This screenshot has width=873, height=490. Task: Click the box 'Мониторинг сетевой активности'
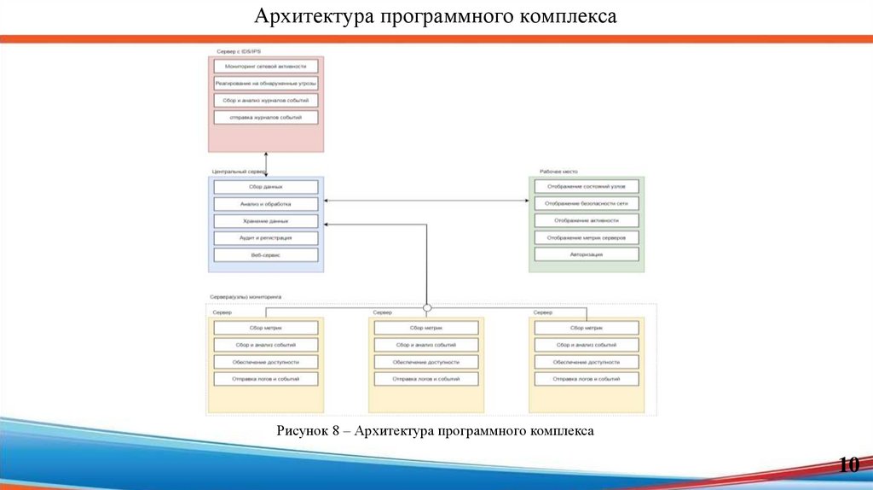[x=266, y=66]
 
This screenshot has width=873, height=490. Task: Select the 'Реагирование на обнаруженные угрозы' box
[x=266, y=83]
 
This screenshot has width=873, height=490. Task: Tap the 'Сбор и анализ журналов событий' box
[x=266, y=100]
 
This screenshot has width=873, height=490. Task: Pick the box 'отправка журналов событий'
[x=266, y=117]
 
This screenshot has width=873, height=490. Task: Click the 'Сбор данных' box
[x=266, y=187]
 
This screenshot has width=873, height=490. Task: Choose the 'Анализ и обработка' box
[x=266, y=204]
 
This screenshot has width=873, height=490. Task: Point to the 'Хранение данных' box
[x=266, y=221]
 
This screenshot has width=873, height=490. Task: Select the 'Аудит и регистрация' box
[x=266, y=237]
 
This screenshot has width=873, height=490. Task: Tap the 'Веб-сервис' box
[x=266, y=254]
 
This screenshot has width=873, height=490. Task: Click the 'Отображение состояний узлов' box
[x=587, y=187]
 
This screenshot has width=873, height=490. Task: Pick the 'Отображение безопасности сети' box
[x=587, y=204]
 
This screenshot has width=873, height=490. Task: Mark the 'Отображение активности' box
[x=587, y=220]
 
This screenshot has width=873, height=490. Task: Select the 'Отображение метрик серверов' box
[x=587, y=237]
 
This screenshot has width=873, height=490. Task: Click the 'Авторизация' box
[x=587, y=254]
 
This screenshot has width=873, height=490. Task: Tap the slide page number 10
[x=848, y=465]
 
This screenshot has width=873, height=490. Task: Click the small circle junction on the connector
[x=427, y=306]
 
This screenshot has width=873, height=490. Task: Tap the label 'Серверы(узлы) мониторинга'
[x=246, y=297]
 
